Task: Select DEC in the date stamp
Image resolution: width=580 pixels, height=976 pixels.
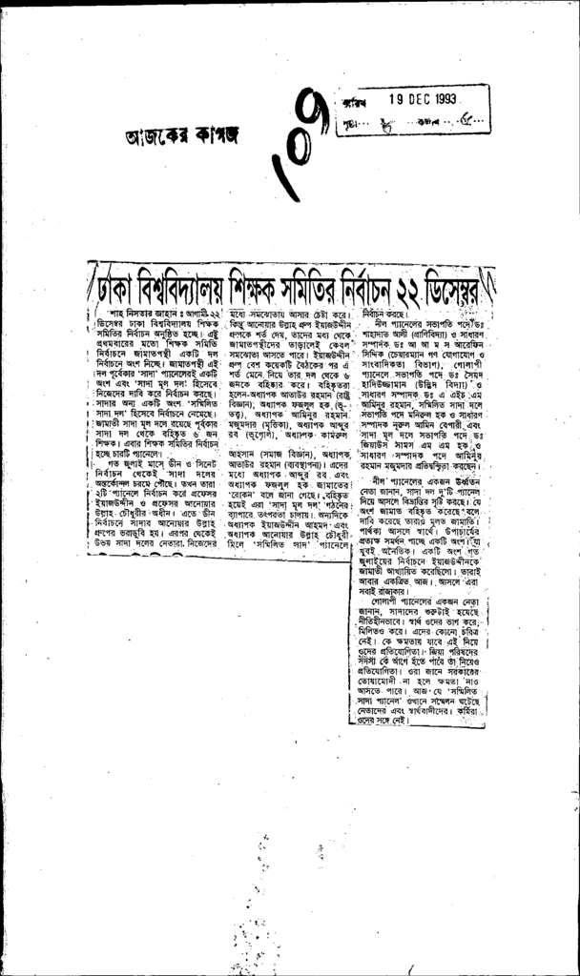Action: (x=409, y=98)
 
